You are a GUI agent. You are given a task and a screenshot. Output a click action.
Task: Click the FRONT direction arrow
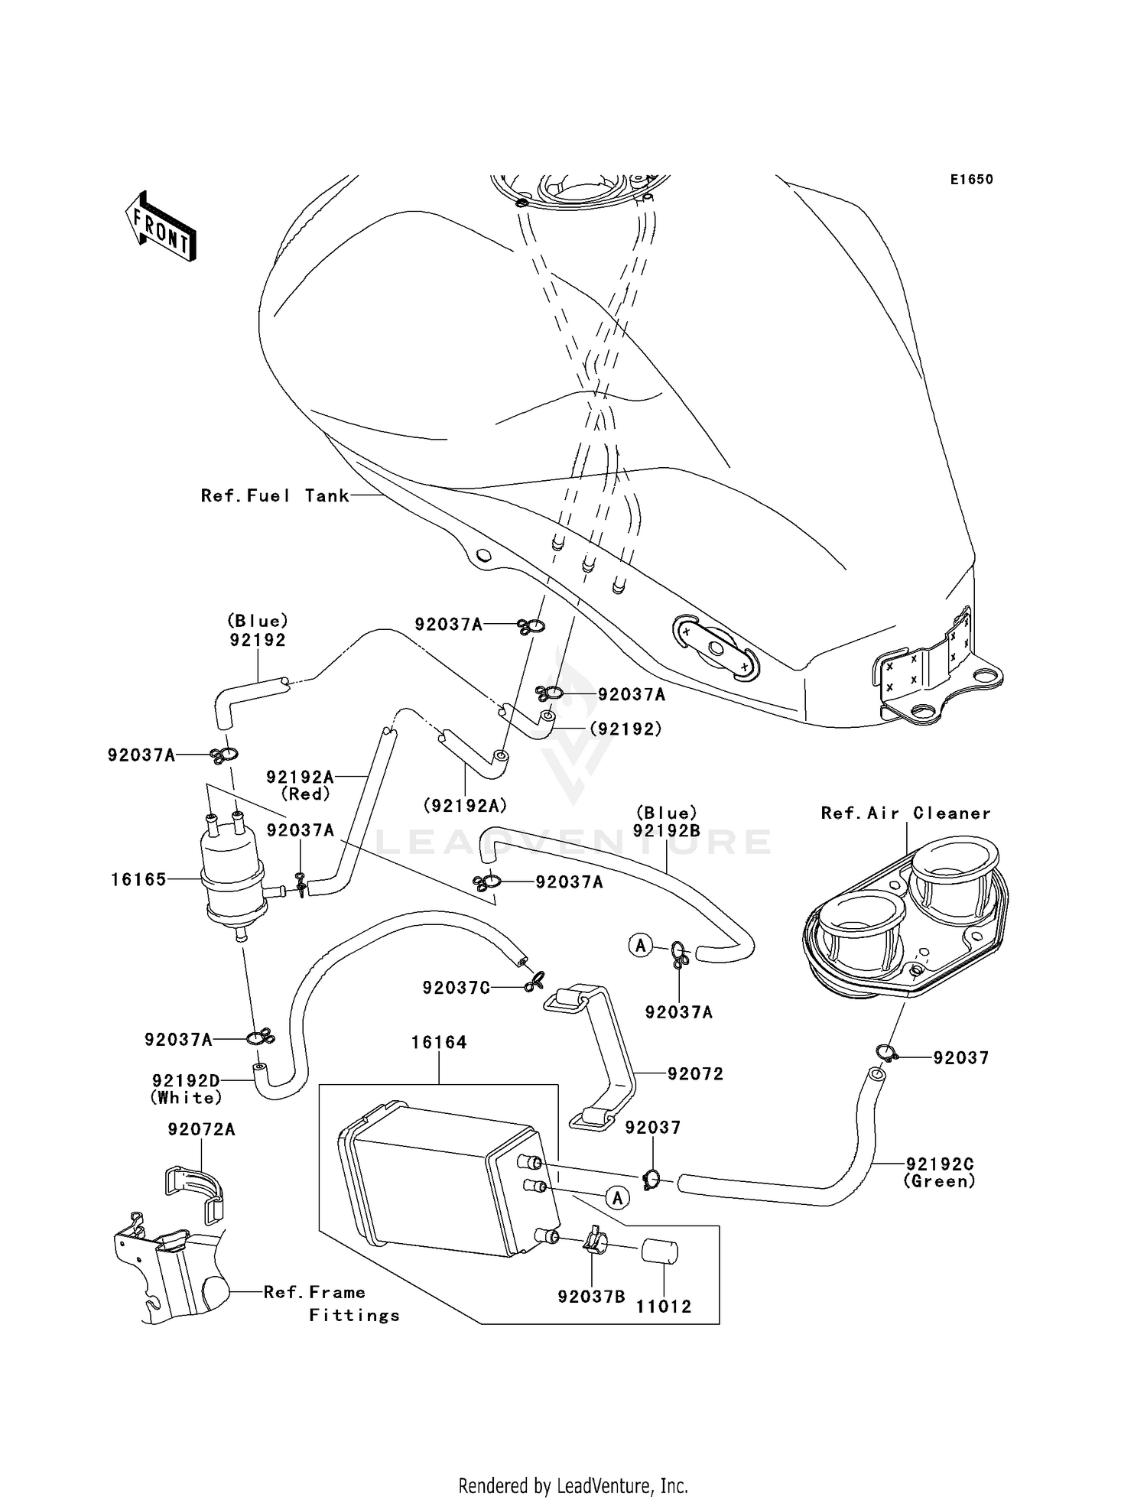(161, 227)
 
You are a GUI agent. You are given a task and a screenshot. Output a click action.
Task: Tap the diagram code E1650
(971, 180)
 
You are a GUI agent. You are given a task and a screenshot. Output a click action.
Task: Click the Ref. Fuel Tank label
(275, 495)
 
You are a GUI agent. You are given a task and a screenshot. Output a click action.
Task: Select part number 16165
(138, 879)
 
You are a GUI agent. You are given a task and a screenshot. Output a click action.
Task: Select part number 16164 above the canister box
(439, 1042)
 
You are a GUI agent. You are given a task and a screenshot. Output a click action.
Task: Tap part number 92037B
(591, 1297)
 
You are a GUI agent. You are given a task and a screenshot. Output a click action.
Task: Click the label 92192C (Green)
(940, 1172)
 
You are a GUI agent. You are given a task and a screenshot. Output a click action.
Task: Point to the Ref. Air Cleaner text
(905, 813)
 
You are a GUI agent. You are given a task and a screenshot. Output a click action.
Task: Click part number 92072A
(201, 1128)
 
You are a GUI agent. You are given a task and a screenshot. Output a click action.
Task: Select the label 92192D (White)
(187, 1089)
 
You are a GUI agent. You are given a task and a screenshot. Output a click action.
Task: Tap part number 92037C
(456, 988)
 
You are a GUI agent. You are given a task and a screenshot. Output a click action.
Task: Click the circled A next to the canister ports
(617, 1197)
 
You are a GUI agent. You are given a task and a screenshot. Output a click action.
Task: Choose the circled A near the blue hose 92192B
(640, 946)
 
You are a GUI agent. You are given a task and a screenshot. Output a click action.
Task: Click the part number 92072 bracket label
(695, 1073)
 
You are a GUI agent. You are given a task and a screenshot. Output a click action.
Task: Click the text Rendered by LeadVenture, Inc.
(573, 1485)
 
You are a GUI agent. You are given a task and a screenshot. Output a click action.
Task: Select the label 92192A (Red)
(301, 784)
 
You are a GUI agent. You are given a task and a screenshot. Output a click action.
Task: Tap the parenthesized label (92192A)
(466, 805)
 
